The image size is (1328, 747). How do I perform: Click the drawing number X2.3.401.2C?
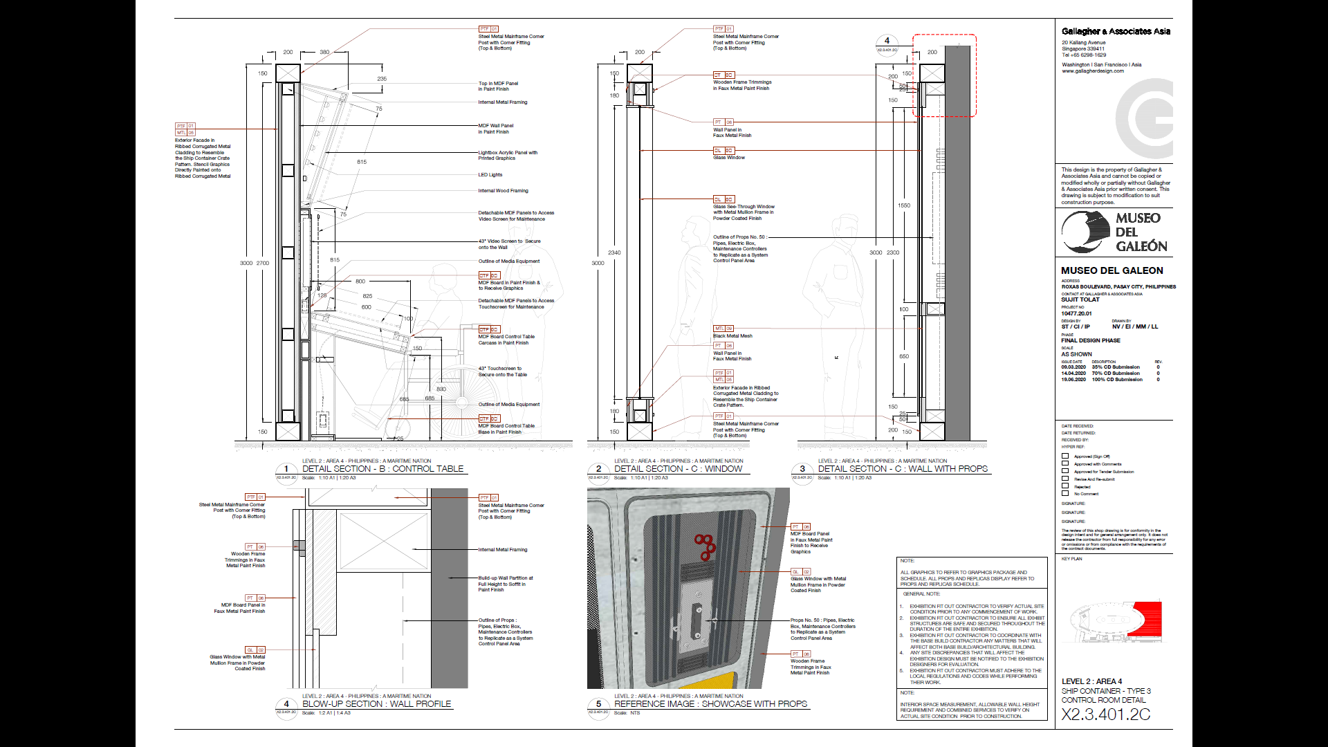pos(1105,714)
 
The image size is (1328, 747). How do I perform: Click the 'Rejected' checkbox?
pos(1065,486)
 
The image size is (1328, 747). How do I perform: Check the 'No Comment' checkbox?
pos(1065,494)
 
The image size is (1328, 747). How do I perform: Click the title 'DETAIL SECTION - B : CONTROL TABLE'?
pos(382,469)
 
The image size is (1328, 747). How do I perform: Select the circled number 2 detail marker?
pos(598,469)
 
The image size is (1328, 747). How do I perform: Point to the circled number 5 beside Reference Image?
pos(598,704)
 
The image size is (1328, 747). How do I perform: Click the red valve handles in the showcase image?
pos(705,546)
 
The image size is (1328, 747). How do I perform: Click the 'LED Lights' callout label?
pos(490,175)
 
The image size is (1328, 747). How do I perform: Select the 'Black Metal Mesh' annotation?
pos(733,336)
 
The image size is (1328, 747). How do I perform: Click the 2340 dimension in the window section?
pos(614,252)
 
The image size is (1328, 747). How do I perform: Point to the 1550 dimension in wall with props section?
pos(904,205)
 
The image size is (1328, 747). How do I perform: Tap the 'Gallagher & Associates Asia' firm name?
pos(1116,31)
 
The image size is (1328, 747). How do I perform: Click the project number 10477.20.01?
pos(1076,314)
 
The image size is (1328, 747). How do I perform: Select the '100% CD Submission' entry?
pos(1117,380)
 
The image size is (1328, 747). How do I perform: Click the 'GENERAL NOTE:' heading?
pos(921,594)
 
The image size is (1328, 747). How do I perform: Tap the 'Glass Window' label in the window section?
pos(729,158)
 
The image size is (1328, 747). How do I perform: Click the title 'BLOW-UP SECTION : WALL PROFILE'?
pos(376,704)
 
